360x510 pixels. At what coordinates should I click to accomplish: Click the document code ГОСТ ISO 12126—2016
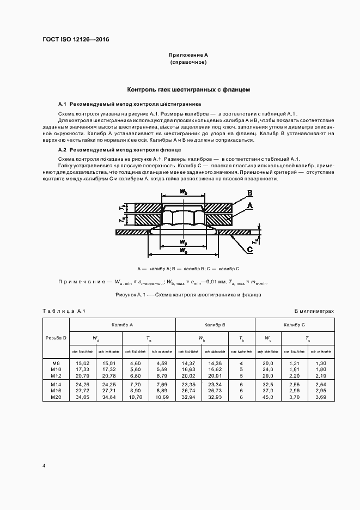coord(80,40)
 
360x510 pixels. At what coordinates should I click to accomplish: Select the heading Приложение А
coord(188,56)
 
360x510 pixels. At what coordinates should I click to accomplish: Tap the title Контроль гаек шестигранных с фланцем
coord(188,89)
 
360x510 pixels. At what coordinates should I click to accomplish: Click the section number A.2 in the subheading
coord(62,149)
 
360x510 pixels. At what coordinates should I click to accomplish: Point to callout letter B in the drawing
coord(249,193)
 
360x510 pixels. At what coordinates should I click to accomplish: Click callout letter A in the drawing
coord(249,205)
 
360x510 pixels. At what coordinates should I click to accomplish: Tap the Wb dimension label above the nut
coord(184,192)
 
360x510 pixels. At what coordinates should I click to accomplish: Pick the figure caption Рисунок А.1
coord(188,295)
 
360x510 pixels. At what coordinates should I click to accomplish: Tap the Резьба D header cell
coord(56,338)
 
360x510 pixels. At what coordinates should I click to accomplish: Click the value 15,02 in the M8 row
coord(83,362)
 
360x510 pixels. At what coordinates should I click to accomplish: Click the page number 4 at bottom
coord(44,466)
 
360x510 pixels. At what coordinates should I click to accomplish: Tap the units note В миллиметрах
coord(314,311)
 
